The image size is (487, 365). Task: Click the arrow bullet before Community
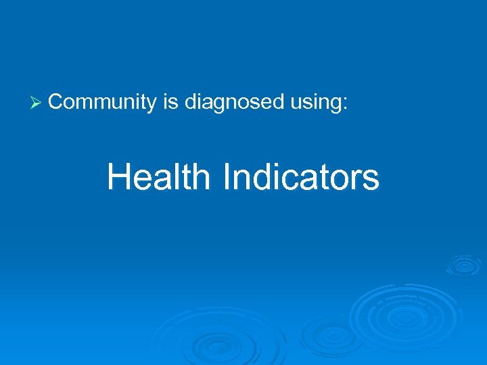[x=37, y=103]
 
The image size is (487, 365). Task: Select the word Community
[x=102, y=102]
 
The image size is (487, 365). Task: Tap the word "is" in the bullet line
[x=170, y=102]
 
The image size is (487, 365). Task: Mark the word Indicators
[x=300, y=177]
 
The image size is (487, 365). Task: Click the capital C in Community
[x=56, y=102]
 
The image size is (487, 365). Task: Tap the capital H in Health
[x=119, y=177]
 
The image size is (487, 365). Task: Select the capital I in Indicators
[x=227, y=177]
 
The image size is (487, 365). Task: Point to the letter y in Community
[x=152, y=105]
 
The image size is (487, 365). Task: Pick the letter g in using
[x=337, y=105]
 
